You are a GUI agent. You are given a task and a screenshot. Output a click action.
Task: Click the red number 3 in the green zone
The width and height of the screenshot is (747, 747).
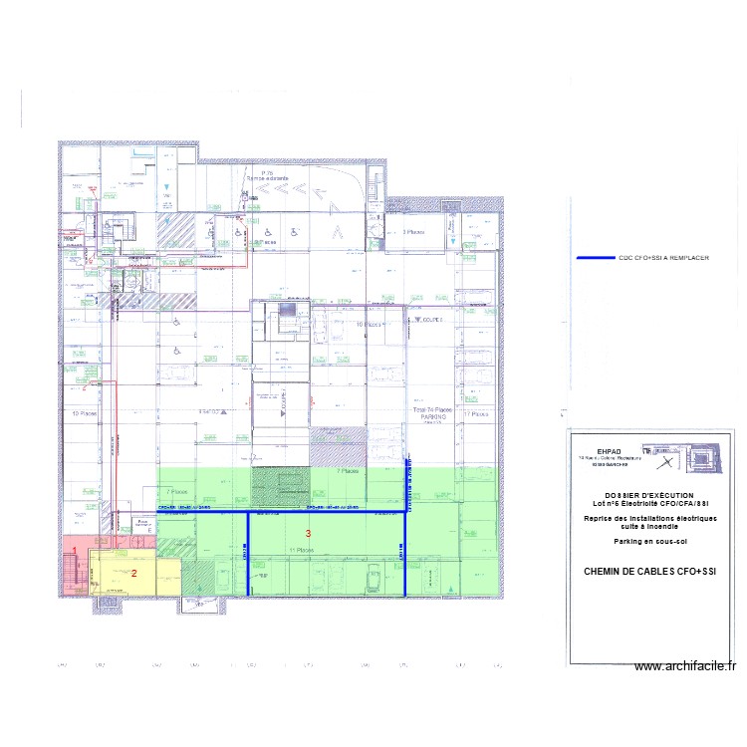[x=308, y=535]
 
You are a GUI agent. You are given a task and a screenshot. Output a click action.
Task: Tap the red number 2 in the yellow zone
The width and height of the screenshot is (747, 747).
[x=134, y=573]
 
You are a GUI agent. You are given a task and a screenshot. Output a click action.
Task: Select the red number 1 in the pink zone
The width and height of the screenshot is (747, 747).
[x=74, y=550]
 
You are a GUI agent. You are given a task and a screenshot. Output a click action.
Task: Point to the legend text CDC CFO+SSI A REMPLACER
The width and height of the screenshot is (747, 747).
[x=663, y=258]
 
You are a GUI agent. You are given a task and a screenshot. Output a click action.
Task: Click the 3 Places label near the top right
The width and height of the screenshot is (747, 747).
[x=414, y=231]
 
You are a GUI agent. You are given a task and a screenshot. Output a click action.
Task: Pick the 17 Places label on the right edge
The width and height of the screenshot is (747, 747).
[x=479, y=413]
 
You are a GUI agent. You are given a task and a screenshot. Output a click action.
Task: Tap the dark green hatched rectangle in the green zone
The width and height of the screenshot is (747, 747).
[x=280, y=486]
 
